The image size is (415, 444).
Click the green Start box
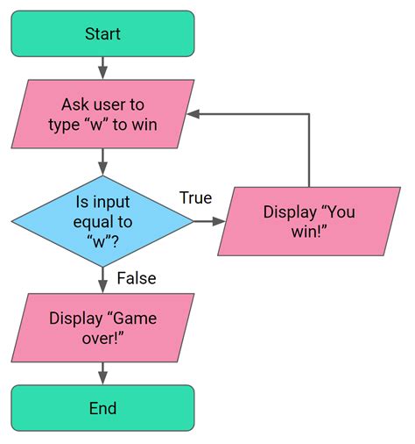click(102, 33)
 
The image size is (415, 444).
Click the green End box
click(102, 408)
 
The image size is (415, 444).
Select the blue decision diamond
click(102, 220)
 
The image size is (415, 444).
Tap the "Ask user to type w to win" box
click(102, 114)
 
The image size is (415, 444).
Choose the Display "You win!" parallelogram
click(309, 220)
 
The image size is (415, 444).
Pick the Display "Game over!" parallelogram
click(102, 326)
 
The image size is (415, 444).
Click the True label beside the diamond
click(196, 198)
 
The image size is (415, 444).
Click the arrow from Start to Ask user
click(102, 68)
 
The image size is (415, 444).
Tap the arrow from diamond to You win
click(207, 220)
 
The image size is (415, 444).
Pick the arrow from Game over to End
click(102, 371)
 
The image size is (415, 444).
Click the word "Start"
click(102, 33)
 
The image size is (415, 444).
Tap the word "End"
click(102, 408)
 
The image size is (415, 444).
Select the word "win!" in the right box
click(309, 231)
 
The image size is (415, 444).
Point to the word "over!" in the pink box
click(102, 337)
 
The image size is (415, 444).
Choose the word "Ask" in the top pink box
click(76, 104)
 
